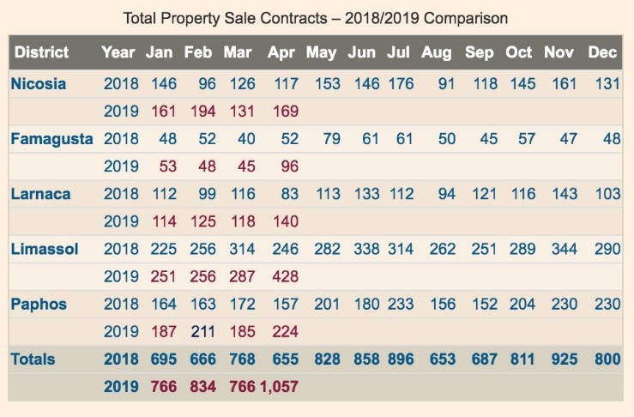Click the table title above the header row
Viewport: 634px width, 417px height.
(x=316, y=17)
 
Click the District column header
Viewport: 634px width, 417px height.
(x=41, y=52)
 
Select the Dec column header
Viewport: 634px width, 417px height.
(x=603, y=52)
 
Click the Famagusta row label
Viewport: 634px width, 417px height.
(x=51, y=139)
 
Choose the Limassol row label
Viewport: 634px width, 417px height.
(x=45, y=249)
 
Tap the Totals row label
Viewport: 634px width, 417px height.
(x=33, y=359)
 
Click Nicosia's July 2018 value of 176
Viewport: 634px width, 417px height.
(x=400, y=84)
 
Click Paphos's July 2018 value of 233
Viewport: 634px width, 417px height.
(x=400, y=304)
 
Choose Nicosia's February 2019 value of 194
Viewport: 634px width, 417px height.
(x=198, y=112)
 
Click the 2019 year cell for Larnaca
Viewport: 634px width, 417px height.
(x=121, y=221)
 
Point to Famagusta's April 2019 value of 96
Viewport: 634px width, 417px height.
(x=287, y=166)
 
